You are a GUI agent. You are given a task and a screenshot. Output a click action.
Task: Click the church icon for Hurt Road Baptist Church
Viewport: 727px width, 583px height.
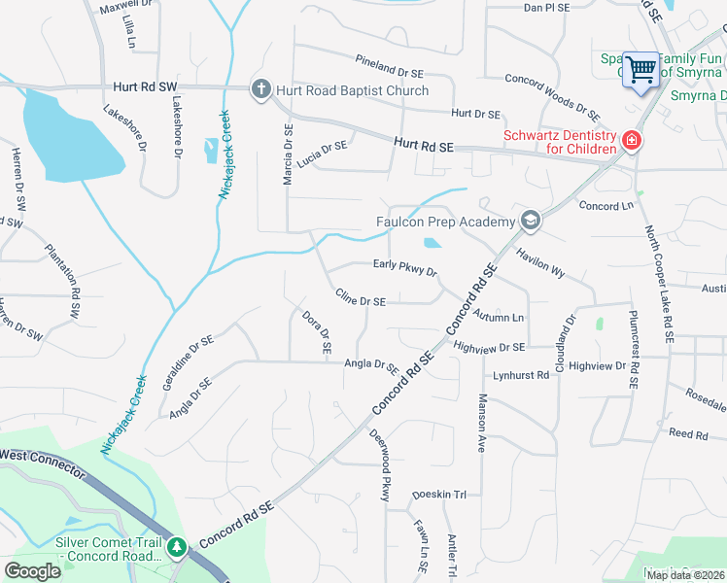pos(260,90)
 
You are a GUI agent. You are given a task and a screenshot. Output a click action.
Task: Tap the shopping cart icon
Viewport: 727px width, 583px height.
pos(640,70)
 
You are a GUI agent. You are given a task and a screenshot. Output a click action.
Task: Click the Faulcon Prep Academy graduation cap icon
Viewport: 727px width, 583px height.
pos(530,221)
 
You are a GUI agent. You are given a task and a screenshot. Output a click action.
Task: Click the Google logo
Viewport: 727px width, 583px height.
pos(33,571)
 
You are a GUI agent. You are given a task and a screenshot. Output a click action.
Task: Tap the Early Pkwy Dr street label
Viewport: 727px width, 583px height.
pos(405,267)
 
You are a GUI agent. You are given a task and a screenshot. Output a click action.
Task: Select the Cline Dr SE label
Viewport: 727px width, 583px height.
pos(360,298)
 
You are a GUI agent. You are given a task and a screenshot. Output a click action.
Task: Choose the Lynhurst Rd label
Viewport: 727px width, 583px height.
pos(521,375)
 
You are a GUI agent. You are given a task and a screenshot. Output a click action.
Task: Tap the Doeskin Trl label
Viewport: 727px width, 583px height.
pos(439,495)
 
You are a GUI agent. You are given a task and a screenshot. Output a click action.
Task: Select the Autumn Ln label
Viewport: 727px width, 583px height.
pos(499,316)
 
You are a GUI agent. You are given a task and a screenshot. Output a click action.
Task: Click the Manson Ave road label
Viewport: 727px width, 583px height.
pos(481,424)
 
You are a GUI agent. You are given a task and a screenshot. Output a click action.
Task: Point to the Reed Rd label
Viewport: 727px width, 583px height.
pos(687,433)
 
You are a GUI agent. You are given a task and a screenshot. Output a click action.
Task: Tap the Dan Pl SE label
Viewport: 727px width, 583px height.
pos(545,8)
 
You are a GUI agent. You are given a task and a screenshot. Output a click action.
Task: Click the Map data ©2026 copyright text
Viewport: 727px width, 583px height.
pos(684,575)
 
